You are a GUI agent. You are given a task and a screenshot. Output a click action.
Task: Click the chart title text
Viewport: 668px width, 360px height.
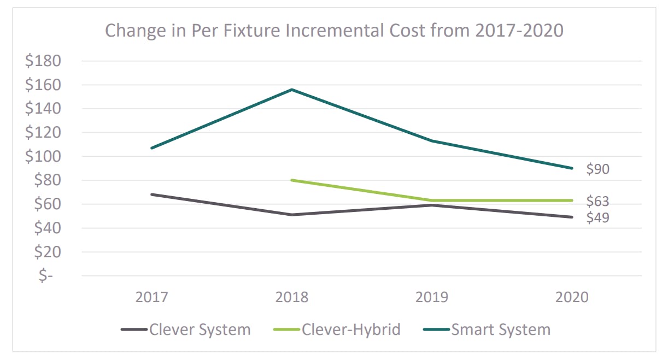(333, 30)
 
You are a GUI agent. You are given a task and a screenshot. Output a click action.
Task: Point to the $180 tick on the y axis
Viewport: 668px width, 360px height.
(43, 61)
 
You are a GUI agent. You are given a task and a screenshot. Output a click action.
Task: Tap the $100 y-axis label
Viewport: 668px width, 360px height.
(43, 156)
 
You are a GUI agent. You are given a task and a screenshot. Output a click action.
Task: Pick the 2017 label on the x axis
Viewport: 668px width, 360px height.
(151, 298)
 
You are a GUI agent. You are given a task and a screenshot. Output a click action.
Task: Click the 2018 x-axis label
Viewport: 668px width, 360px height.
(291, 298)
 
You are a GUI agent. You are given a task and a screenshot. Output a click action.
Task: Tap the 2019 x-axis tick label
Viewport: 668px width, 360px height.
(432, 298)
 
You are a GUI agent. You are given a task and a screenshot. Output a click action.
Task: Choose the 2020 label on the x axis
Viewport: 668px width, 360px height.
(572, 298)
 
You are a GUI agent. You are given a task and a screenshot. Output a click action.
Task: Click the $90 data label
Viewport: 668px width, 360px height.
(597, 169)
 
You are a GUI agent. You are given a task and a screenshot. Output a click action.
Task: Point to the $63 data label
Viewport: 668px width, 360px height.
(597, 202)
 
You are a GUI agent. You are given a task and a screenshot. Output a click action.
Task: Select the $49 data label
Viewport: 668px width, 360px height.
(597, 217)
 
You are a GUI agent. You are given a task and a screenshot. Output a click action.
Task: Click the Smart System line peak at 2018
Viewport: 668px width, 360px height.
(292, 90)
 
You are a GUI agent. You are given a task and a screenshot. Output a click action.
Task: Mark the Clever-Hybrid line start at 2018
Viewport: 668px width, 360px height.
(292, 180)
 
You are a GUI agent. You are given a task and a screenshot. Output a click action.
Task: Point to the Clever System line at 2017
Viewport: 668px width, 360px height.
(151, 194)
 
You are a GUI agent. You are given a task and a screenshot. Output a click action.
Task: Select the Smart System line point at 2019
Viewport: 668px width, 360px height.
(432, 140)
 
